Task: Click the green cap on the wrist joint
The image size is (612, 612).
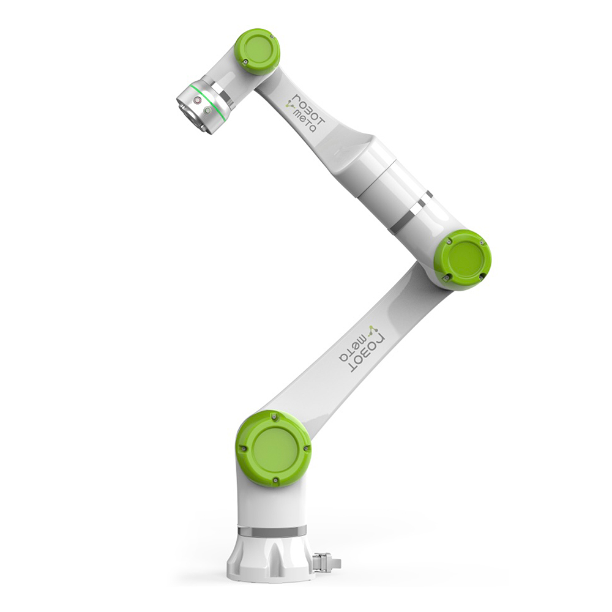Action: (x=258, y=51)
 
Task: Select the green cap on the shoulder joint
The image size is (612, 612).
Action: (x=274, y=449)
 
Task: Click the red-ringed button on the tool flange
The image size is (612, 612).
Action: (x=198, y=101)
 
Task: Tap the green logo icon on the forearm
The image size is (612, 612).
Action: (x=290, y=105)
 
